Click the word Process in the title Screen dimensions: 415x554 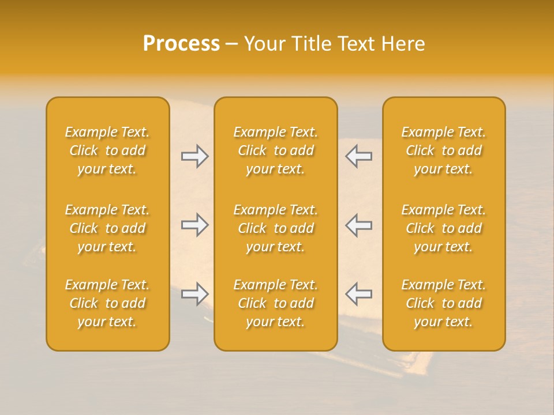(x=181, y=44)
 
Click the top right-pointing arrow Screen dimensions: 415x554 (x=194, y=156)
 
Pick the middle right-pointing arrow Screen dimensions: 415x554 (x=194, y=225)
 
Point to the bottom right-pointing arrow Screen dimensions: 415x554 (x=194, y=294)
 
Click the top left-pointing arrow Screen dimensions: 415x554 (x=358, y=156)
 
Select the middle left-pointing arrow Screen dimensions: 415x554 (x=358, y=225)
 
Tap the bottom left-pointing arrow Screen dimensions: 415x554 (x=358, y=294)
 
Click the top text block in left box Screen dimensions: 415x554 (x=107, y=150)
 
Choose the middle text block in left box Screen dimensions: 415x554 (x=107, y=228)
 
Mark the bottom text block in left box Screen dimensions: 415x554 (x=107, y=303)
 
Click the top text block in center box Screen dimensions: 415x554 (x=275, y=150)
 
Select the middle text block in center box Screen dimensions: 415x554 (x=275, y=228)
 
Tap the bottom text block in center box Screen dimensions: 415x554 (x=275, y=303)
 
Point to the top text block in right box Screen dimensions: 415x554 (x=443, y=150)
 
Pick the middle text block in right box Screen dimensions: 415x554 (x=443, y=228)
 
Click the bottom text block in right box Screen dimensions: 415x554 (x=443, y=303)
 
